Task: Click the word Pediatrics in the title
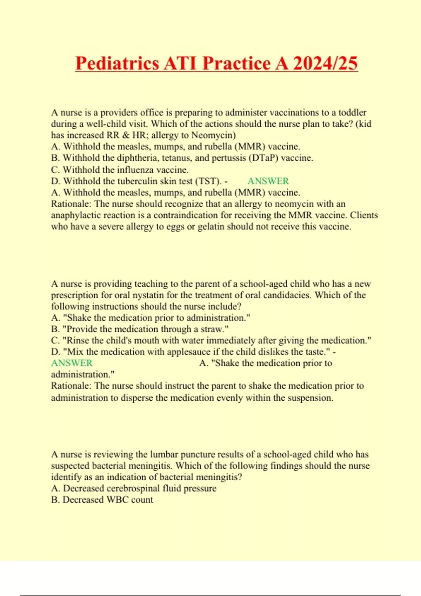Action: point(117,63)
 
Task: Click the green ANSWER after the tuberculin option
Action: point(268,181)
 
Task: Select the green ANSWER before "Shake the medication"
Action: point(72,363)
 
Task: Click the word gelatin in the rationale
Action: point(213,226)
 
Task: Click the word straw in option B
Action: point(213,329)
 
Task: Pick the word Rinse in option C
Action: point(75,340)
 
